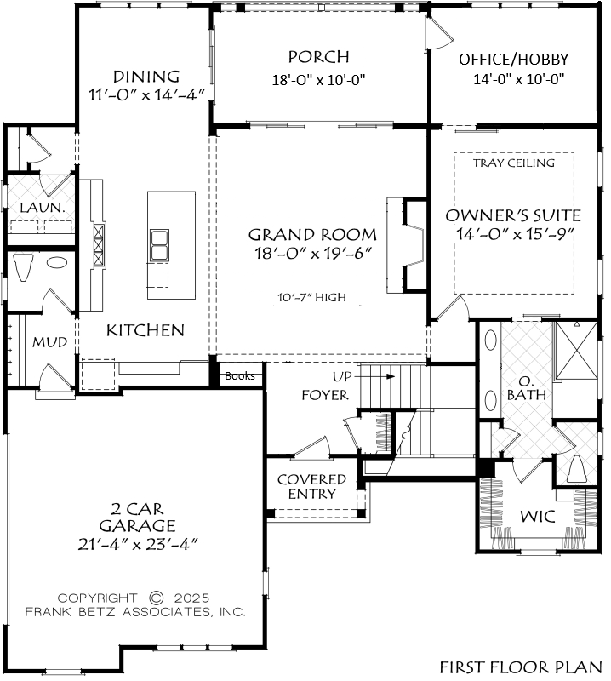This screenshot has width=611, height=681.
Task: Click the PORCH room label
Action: [x=319, y=57]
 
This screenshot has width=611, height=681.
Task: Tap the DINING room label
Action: [x=146, y=77]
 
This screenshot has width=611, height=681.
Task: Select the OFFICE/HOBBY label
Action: [x=514, y=59]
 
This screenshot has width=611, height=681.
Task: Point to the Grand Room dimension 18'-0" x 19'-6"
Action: [x=313, y=252]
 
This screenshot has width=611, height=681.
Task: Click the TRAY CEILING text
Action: [x=514, y=163]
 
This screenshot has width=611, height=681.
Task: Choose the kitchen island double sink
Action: [x=159, y=245]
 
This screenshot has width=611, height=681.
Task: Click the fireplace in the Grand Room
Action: [x=407, y=245]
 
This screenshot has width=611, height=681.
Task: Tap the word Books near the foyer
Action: [x=240, y=375]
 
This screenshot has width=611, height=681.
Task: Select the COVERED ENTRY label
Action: [x=311, y=486]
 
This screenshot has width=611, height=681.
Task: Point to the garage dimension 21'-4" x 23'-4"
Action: [x=138, y=544]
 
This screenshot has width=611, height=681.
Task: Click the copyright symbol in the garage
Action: [x=156, y=598]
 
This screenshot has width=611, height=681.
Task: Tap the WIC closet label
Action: [x=538, y=517]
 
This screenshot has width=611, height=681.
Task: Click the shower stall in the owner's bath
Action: [x=577, y=350]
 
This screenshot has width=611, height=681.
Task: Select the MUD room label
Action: [x=50, y=342]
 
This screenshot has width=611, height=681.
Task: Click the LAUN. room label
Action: [x=42, y=207]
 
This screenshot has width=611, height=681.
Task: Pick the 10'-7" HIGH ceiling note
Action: [x=311, y=297]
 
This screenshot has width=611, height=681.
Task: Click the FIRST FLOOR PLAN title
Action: [x=521, y=667]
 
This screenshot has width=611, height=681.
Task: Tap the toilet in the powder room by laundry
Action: [x=23, y=266]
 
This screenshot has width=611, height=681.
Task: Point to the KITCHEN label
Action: [x=146, y=330]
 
